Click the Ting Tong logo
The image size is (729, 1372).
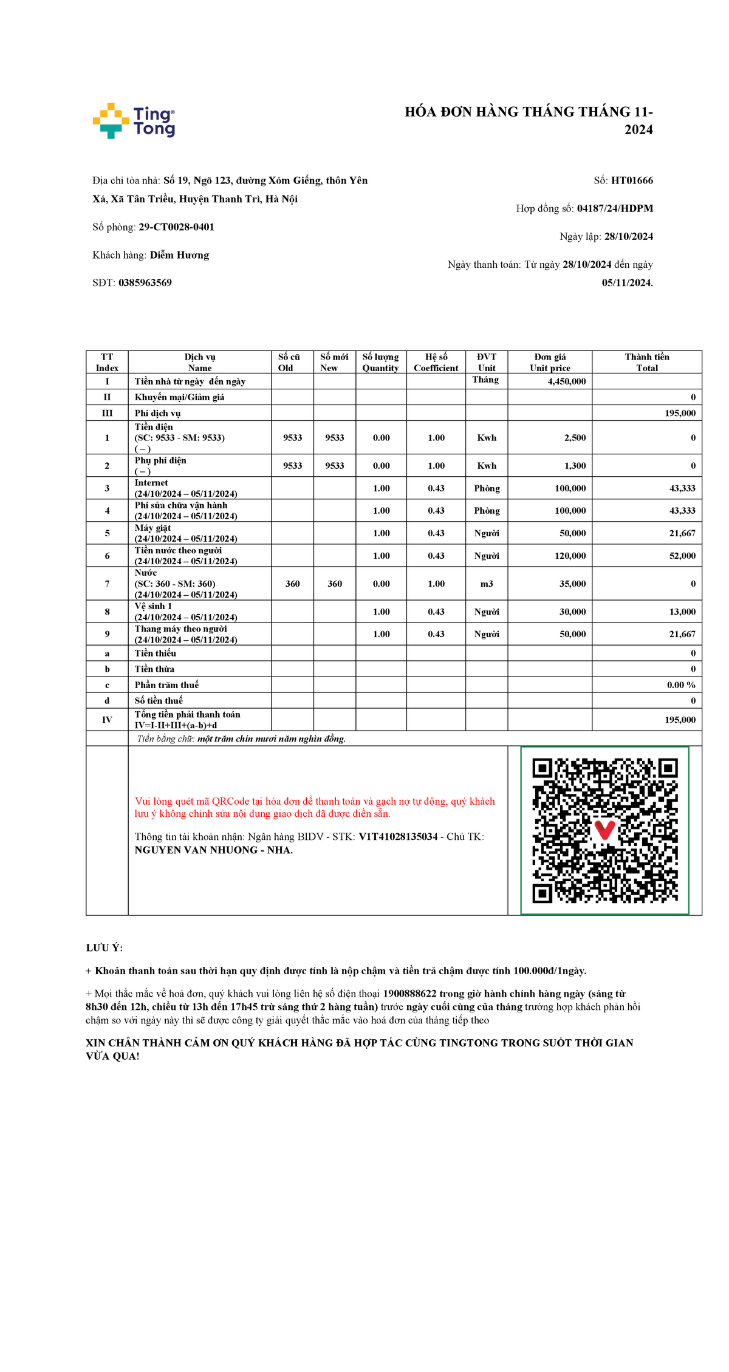point(134,121)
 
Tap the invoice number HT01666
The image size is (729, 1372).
point(632,180)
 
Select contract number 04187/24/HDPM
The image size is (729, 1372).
point(615,208)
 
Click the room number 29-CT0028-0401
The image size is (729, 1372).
point(176,227)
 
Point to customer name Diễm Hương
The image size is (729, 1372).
point(179,255)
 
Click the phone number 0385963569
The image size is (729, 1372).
point(145,282)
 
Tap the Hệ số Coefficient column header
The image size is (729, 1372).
point(436,362)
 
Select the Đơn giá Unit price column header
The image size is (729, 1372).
point(550,362)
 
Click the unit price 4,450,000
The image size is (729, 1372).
point(566,381)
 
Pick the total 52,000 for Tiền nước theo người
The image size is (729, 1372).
point(682,556)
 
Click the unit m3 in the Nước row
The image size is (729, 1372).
point(487,584)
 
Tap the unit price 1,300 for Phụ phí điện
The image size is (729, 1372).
point(575,466)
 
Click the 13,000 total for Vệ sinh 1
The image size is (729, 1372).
point(682,612)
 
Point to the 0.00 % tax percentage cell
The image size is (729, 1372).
point(681,684)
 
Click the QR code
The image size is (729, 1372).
point(604,830)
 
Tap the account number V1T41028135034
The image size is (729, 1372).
point(398,836)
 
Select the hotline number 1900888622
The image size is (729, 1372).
point(409,994)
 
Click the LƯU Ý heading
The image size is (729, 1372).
point(104,947)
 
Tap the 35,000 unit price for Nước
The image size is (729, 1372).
point(572,584)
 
